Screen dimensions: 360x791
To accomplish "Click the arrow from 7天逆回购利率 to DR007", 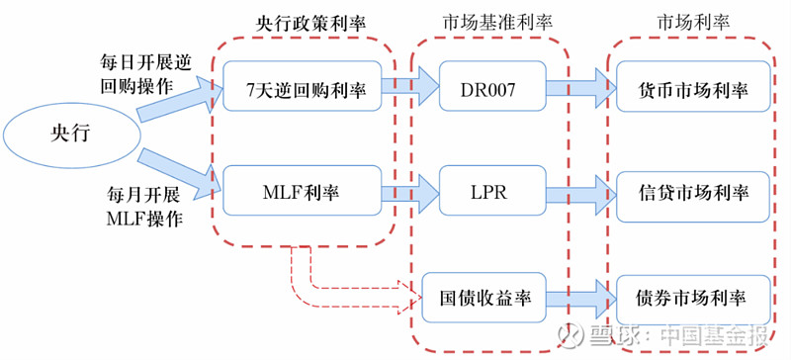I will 407,90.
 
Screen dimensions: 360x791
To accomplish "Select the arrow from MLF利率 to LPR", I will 407,190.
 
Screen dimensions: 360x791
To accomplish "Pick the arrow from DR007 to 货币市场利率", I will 583,90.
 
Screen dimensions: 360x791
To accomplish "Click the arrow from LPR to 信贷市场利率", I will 583,190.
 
